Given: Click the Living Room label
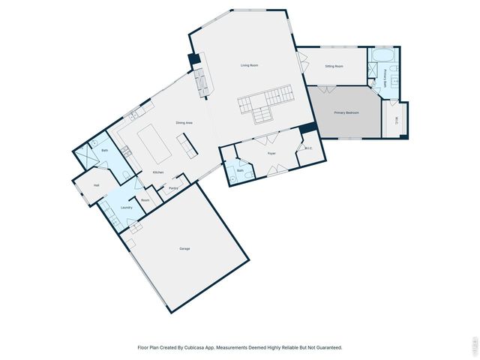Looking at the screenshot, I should [x=249, y=66].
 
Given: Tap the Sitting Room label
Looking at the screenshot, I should [x=334, y=67].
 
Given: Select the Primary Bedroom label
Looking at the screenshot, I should [x=346, y=112].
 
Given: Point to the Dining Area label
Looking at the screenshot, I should [x=184, y=122].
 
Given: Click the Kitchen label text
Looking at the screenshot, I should [x=158, y=172].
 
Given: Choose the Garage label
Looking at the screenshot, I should [x=184, y=248].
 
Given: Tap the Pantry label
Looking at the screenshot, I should [x=173, y=188].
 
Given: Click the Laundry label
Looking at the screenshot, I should [x=127, y=207].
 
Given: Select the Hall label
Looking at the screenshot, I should [x=97, y=185].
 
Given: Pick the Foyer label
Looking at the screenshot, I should [x=272, y=154].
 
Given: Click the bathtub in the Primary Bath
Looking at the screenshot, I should [x=383, y=55].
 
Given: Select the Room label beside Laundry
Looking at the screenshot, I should [x=145, y=200].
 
